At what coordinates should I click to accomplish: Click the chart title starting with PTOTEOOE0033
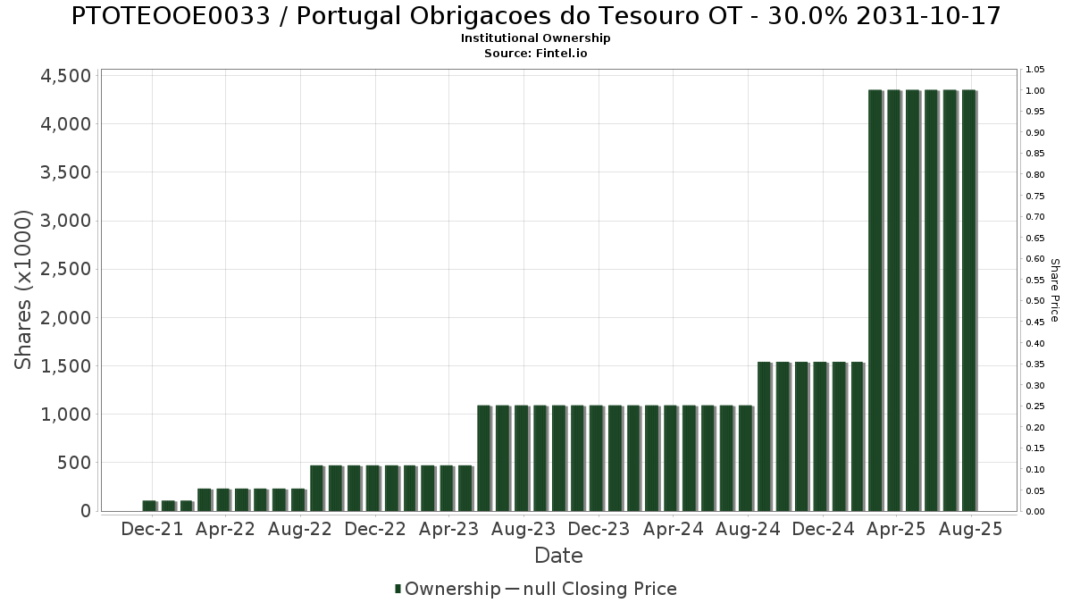click(x=535, y=15)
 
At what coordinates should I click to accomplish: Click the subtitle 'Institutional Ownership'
click(x=535, y=38)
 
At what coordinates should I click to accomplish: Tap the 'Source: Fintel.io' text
click(x=535, y=53)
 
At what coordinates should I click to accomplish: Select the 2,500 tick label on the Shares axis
click(x=66, y=270)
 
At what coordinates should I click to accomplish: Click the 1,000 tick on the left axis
click(x=66, y=415)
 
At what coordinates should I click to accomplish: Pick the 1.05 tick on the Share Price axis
click(x=1035, y=70)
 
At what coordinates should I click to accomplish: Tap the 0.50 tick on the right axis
click(x=1035, y=301)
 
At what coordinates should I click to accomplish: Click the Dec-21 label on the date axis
click(x=152, y=529)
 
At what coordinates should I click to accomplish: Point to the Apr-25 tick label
click(x=897, y=529)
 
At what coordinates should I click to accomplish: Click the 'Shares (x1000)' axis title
click(x=24, y=289)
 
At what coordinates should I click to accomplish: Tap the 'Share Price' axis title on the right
click(x=1054, y=290)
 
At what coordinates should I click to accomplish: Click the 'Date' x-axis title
click(x=558, y=556)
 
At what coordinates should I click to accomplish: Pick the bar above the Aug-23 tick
click(x=521, y=458)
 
